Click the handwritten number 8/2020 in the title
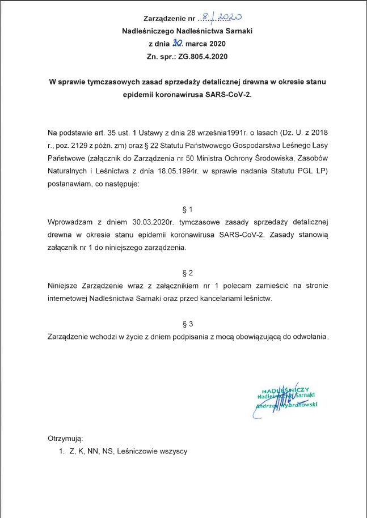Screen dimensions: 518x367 pyautogui.click(x=226, y=18)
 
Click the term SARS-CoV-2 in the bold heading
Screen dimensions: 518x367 pyautogui.click(x=229, y=95)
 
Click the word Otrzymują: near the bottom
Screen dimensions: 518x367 pyautogui.click(x=66, y=439)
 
